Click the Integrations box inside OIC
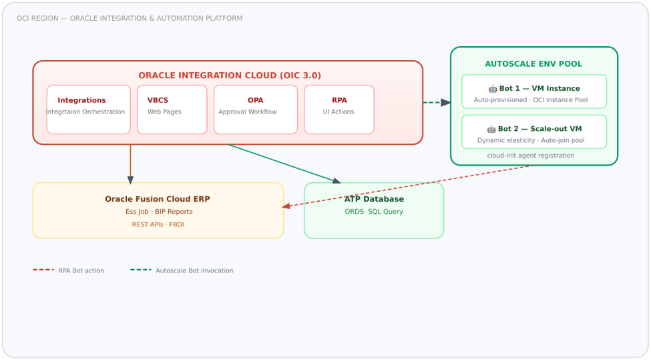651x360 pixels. coord(88,110)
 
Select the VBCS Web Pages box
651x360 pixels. coord(172,110)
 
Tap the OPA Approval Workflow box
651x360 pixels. coord(256,110)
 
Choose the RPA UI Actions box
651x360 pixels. coord(339,110)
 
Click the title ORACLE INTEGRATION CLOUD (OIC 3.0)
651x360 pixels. coord(230,75)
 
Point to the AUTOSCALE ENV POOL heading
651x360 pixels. coord(533,64)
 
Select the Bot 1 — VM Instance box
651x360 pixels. coord(534,92)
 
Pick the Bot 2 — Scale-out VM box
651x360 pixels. coord(534,132)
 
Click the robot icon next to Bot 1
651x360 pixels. coord(493,89)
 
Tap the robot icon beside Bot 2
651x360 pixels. coord(491,129)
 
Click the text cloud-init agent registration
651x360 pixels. coord(531,156)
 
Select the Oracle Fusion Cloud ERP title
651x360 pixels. coord(158,199)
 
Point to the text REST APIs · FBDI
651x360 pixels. coord(158,224)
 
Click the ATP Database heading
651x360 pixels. coord(374,199)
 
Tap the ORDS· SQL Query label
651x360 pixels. coord(374,212)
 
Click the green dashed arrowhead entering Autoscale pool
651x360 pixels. coord(446,103)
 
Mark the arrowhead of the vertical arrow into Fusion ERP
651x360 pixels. coord(130,180)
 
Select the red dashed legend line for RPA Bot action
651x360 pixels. coord(43,270)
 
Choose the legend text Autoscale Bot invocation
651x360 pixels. coord(194,271)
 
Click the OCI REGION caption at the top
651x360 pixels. coord(130,18)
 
